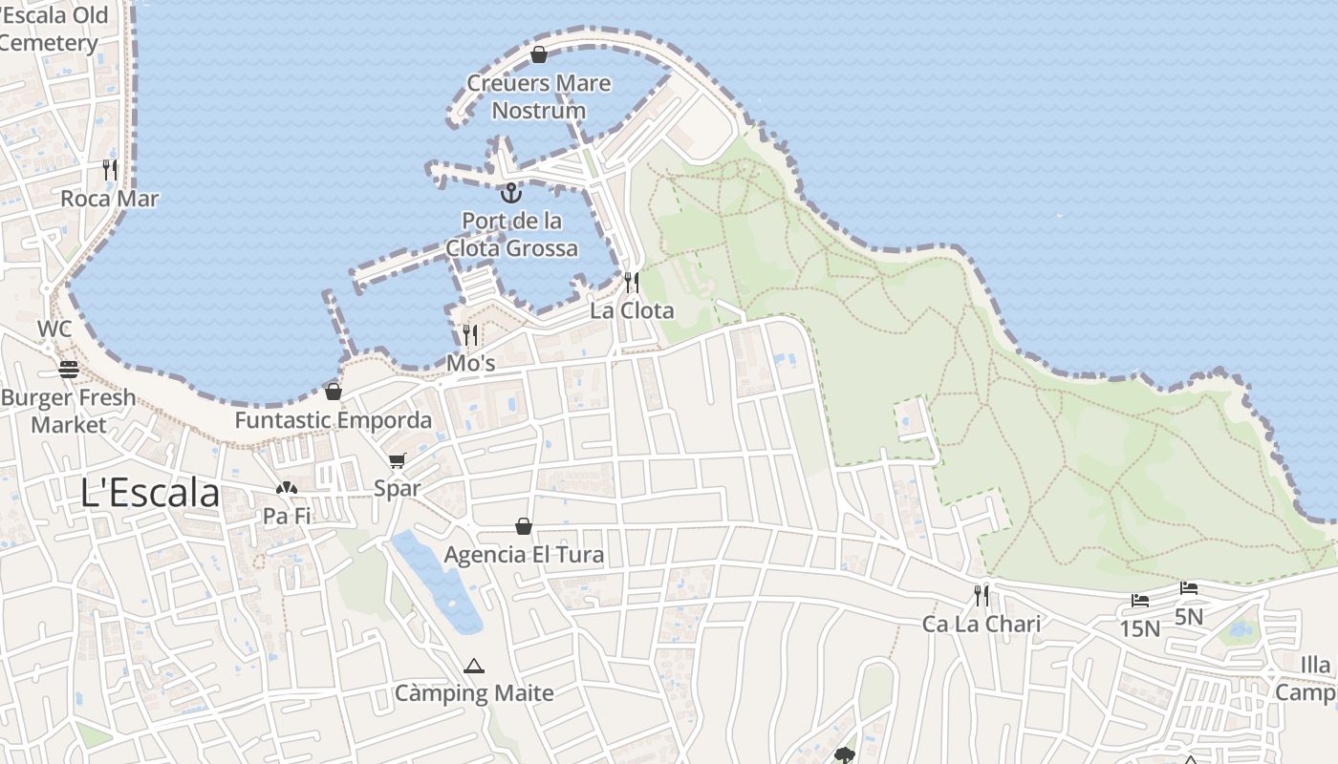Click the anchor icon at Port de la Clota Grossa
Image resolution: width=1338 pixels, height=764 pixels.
point(511,193)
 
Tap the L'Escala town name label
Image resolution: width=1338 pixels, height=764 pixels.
point(150,493)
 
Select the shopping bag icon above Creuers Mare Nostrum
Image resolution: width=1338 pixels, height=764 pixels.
point(538,54)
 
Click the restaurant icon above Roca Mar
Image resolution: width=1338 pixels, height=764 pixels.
point(110,170)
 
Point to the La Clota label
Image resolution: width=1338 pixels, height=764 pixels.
point(632,310)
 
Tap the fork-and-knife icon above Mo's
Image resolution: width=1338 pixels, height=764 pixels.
point(469,334)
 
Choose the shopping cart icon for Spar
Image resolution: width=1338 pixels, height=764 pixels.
point(398,460)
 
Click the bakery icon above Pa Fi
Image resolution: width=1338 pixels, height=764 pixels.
point(286,488)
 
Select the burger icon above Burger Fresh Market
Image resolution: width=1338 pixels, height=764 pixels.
point(68,369)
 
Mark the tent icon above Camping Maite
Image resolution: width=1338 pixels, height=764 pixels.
point(474,666)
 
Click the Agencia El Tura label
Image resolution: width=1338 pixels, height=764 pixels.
point(524,555)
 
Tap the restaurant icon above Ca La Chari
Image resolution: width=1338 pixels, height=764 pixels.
point(981,596)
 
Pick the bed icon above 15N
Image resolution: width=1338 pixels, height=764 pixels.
point(1139,601)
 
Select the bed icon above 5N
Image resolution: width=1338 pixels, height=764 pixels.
point(1188,588)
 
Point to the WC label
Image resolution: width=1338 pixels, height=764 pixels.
point(54,329)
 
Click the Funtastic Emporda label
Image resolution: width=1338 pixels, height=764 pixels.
point(334,420)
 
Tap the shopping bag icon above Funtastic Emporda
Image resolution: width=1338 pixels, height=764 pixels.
point(333,392)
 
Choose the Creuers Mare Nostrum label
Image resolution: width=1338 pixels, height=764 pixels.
point(539,96)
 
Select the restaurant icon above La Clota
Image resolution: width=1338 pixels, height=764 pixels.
point(631,282)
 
